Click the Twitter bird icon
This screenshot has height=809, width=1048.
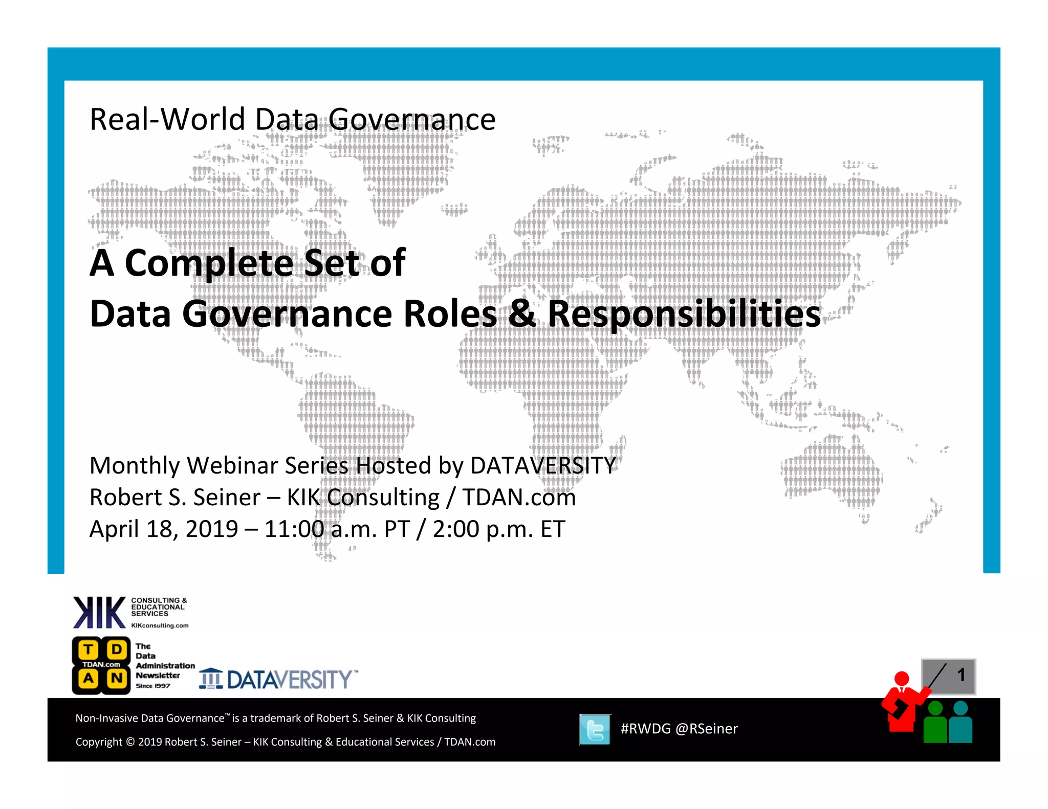595,729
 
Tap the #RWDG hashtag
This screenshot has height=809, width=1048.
645,729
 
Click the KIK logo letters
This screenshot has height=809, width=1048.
99,612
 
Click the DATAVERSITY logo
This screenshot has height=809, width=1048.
279,680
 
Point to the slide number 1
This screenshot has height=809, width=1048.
961,675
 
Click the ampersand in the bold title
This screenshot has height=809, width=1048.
521,313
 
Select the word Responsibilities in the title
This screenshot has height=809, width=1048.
684,313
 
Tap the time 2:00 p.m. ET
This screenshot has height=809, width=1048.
499,529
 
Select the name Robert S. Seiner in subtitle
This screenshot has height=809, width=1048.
175,498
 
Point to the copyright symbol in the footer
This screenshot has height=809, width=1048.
130,742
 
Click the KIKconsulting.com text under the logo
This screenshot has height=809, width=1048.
160,625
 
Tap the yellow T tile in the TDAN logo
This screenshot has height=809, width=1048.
89,650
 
